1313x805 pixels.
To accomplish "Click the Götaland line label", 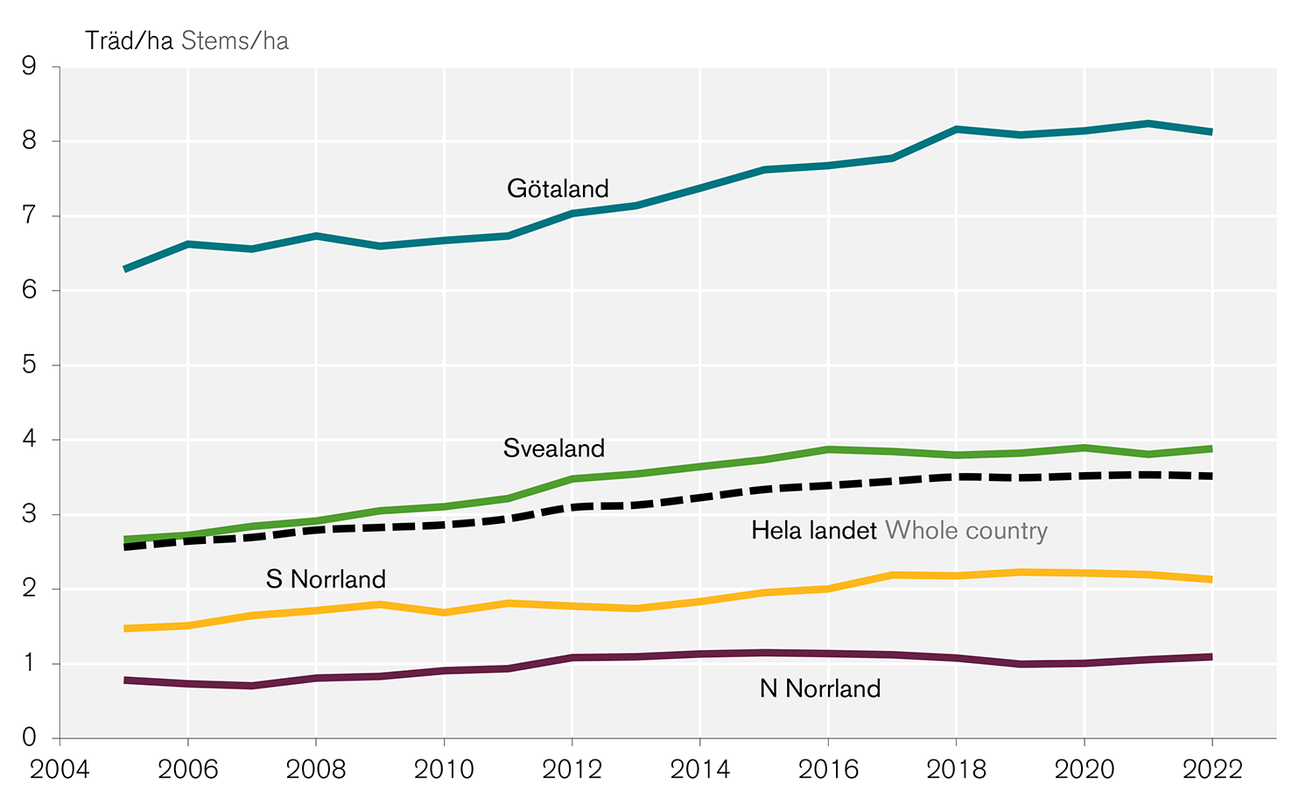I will (x=558, y=189).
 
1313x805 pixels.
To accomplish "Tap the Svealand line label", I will (x=554, y=448).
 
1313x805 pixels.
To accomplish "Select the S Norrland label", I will (x=326, y=579).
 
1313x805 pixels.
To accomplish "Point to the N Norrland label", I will (x=820, y=688).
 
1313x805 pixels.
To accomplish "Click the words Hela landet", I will (x=814, y=531).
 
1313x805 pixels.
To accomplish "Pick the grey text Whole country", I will (x=966, y=531).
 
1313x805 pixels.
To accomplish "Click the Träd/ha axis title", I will (x=129, y=41).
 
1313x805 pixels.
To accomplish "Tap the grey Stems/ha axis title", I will (x=235, y=41).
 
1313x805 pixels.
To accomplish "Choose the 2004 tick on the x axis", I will (x=60, y=769).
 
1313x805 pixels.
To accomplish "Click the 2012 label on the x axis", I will (x=572, y=769).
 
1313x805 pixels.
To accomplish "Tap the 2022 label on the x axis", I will (x=1212, y=769).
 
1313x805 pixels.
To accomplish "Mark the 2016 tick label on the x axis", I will (x=828, y=769).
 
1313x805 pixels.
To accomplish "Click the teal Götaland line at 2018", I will (x=957, y=129).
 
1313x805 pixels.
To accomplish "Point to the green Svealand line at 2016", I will (x=828, y=449).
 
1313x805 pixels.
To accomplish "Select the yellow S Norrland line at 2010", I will (x=444, y=612).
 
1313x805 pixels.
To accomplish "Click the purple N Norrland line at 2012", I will (x=572, y=657).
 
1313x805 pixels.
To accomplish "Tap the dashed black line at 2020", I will (x=1085, y=476).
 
